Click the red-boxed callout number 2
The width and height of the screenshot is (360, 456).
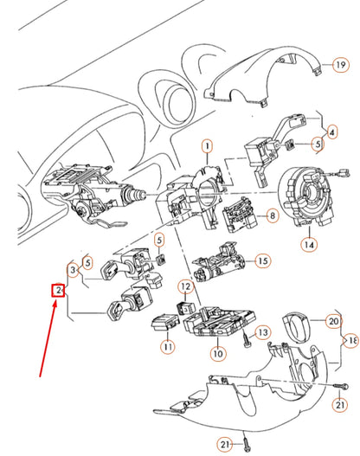click(x=58, y=291)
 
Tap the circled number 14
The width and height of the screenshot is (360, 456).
click(x=309, y=245)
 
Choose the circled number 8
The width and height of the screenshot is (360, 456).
click(x=272, y=215)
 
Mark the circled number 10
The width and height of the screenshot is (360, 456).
click(x=218, y=353)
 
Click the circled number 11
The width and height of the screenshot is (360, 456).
click(x=166, y=347)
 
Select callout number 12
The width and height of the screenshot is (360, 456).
click(x=185, y=286)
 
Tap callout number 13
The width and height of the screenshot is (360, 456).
click(x=262, y=332)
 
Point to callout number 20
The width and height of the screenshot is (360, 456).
click(x=334, y=320)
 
